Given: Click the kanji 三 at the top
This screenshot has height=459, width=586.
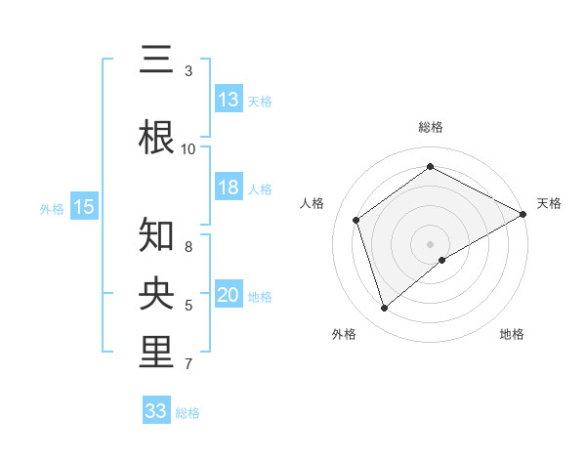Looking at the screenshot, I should [x=157, y=62].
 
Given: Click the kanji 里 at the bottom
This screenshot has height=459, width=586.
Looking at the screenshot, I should [x=157, y=354].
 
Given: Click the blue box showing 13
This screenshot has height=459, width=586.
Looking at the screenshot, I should [x=229, y=100].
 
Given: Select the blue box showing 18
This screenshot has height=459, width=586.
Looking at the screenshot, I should [x=229, y=188].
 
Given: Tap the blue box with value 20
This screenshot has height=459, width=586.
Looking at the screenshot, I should [x=229, y=296].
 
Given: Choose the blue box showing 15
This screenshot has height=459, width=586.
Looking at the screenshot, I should [x=84, y=207].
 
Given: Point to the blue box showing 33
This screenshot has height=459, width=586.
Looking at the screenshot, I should [x=156, y=411].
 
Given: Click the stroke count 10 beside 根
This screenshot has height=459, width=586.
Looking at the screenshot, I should [x=188, y=149].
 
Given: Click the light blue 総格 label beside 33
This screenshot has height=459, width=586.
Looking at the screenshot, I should [x=188, y=413].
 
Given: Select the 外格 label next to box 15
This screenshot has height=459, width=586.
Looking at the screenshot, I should [x=52, y=208].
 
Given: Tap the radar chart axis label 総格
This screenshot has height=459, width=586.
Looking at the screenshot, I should [x=430, y=127].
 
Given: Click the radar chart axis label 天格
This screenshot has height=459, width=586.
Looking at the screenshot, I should [x=549, y=203].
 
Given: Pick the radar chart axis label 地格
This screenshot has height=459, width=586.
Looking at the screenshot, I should [x=512, y=334].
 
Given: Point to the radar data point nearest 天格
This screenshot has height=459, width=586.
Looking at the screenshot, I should [x=523, y=214].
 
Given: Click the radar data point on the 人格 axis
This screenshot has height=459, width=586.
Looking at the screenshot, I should [x=356, y=220].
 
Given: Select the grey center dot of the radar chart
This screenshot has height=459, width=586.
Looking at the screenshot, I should [x=430, y=243].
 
